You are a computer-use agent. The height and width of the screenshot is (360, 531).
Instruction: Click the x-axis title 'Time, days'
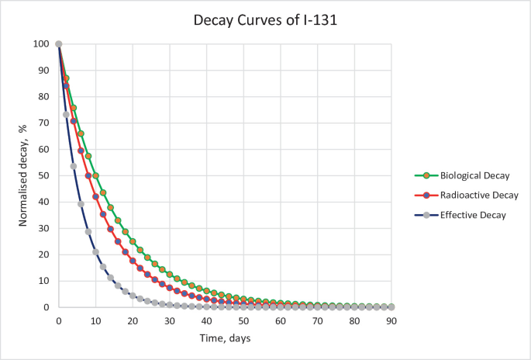point(225,338)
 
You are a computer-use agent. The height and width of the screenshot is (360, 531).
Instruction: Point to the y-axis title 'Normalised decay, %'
point(23,175)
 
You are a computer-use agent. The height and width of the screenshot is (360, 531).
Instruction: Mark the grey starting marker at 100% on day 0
point(58,44)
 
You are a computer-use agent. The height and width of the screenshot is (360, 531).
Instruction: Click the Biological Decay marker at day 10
point(95,176)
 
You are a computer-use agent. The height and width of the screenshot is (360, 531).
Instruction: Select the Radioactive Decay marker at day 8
point(88,176)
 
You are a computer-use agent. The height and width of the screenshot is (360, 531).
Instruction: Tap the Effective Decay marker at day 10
point(95,251)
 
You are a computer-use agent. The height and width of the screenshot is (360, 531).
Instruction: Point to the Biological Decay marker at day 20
point(133,241)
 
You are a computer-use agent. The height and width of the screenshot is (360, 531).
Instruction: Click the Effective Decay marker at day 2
point(66,115)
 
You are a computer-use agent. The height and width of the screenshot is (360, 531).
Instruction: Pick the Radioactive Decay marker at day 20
point(133,261)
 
